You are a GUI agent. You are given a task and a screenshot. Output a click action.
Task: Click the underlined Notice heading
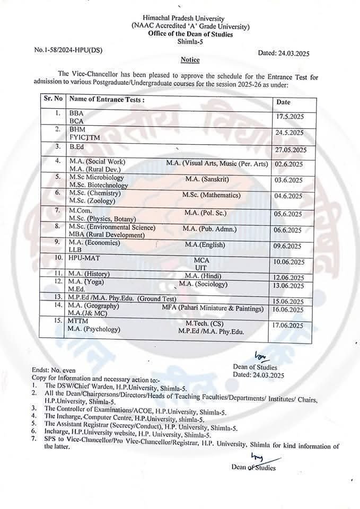(x=189, y=60)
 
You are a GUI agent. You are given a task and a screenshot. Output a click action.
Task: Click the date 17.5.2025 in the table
(x=289, y=117)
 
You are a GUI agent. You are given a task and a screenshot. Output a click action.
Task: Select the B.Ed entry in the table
(x=77, y=146)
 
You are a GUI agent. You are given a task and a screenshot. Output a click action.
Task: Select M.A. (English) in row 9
(x=205, y=245)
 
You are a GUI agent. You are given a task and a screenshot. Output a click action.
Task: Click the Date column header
(x=283, y=101)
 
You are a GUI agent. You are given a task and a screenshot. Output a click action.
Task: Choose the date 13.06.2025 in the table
(x=290, y=286)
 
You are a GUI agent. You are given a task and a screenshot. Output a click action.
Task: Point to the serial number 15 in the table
(x=58, y=321)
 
